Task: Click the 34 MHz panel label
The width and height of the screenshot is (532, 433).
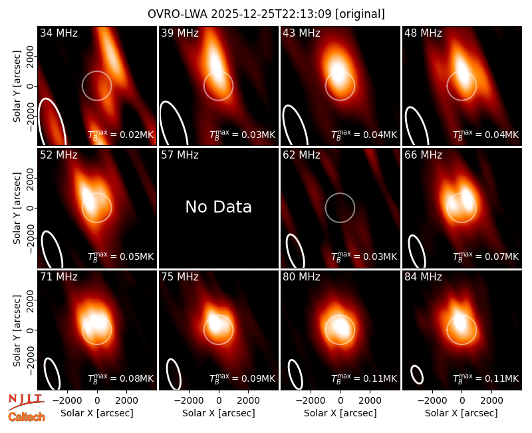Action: click(59, 33)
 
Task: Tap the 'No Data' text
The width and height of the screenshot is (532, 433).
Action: click(219, 207)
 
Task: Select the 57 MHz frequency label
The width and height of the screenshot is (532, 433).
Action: click(180, 155)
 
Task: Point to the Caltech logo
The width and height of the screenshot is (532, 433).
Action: click(27, 417)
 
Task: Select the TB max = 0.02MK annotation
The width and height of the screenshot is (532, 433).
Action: click(121, 135)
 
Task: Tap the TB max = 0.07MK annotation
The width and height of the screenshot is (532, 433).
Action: click(486, 256)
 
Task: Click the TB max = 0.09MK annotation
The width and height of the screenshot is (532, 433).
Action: click(242, 378)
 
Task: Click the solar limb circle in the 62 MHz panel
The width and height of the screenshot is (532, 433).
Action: click(340, 193)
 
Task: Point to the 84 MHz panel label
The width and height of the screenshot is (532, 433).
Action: click(423, 277)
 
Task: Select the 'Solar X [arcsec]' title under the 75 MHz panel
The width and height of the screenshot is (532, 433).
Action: click(219, 413)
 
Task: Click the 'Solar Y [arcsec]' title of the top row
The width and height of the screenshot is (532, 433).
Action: click(17, 86)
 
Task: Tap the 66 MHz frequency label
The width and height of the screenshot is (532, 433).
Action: click(423, 155)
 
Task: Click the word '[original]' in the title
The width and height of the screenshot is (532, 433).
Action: click(360, 14)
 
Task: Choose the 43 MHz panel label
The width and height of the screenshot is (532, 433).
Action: click(302, 33)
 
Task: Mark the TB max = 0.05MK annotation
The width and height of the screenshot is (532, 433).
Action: click(121, 256)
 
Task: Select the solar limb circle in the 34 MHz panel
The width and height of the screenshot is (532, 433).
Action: click(96, 71)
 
